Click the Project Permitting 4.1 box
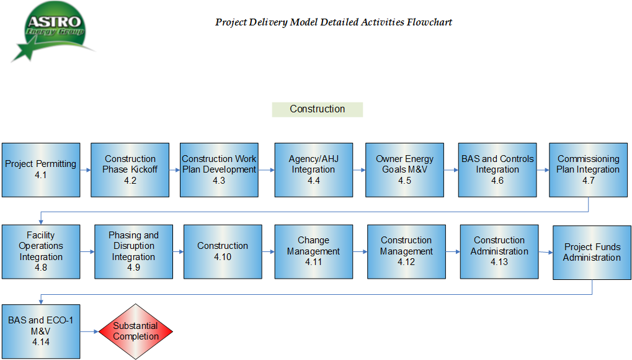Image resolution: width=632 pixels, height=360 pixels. [41, 170]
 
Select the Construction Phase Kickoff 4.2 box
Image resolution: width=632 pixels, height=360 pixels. [130, 170]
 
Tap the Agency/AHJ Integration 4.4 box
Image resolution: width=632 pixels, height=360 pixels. [314, 170]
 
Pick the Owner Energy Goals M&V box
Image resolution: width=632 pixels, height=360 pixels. [404, 170]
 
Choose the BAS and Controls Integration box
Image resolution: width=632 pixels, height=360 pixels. [497, 170]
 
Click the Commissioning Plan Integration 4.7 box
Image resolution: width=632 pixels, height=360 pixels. [589, 170]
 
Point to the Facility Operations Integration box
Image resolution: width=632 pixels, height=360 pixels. [41, 252]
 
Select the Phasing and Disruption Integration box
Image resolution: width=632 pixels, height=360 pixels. [134, 252]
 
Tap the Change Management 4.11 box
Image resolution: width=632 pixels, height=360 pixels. [314, 252]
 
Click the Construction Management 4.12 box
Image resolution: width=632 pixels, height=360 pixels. [406, 252]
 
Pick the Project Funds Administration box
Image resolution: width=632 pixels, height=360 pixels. [592, 253]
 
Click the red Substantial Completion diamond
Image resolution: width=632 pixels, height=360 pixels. [136, 331]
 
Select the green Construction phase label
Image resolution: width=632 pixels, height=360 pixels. [318, 109]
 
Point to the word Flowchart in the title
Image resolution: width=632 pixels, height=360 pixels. [429, 22]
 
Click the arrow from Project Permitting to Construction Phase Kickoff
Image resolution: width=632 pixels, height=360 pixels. [86, 170]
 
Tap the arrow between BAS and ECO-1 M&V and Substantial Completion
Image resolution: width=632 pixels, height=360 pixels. [89, 331]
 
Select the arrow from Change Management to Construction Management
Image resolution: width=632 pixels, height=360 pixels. [360, 252]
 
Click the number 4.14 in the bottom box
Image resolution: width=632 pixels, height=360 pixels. [41, 342]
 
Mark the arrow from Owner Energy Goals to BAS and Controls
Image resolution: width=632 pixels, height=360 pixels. [451, 170]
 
